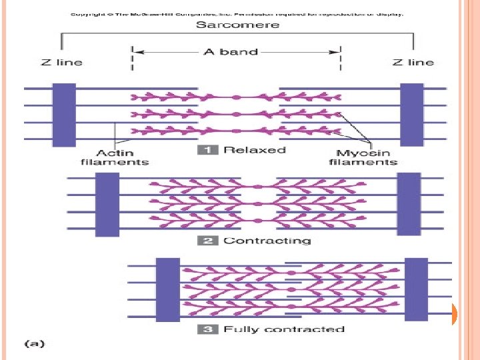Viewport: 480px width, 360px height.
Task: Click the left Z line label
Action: click(x=61, y=62)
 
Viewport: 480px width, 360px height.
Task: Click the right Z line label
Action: click(x=413, y=62)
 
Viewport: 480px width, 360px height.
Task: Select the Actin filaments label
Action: click(x=115, y=157)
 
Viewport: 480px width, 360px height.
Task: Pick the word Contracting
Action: click(x=267, y=240)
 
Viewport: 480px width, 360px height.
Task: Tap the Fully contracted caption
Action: click(x=284, y=329)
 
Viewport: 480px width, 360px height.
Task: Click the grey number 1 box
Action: click(x=208, y=150)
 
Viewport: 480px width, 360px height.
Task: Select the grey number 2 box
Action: click(x=208, y=240)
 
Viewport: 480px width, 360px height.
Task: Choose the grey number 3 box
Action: click(x=208, y=329)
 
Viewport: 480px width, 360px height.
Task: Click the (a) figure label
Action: click(x=35, y=345)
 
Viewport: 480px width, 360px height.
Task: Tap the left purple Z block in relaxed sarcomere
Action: click(x=65, y=115)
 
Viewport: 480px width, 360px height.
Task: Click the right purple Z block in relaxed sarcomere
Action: click(x=412, y=115)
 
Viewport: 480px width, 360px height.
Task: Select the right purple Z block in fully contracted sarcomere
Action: click(x=417, y=288)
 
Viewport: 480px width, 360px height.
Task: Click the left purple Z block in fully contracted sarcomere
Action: click(x=167, y=289)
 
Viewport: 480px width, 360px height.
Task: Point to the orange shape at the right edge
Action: click(x=453, y=314)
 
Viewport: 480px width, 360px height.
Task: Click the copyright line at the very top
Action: click(x=237, y=13)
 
